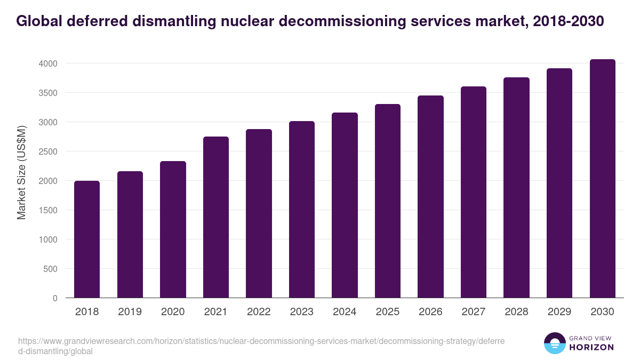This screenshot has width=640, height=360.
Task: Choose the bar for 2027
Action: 474,192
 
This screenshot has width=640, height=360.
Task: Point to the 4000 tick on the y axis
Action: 47,63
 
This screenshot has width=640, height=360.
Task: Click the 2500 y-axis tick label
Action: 47,151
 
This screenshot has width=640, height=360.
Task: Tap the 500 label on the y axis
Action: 50,269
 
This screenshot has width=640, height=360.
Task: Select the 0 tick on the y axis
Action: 55,298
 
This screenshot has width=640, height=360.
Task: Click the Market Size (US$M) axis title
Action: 21,172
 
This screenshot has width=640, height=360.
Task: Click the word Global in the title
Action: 39,21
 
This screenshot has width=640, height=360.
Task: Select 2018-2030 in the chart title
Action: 568,21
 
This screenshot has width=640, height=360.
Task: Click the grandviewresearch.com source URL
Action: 261,346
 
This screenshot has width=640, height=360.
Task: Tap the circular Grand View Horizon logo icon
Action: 554,343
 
